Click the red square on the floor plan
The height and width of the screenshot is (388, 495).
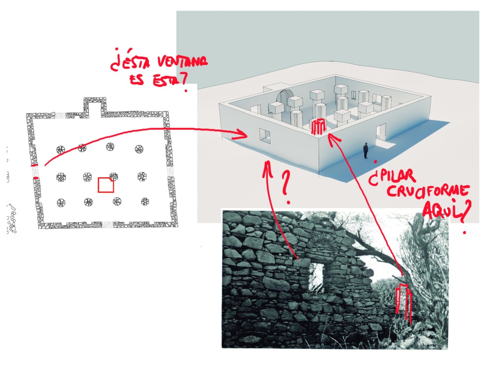click(x=106, y=185)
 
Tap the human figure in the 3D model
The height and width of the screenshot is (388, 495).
click(x=366, y=150)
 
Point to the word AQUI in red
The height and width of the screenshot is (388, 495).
click(x=441, y=209)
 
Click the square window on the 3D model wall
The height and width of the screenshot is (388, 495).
click(x=265, y=136)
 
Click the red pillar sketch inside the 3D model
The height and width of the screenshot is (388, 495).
click(x=317, y=127)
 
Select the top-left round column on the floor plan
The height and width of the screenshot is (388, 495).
click(x=61, y=149)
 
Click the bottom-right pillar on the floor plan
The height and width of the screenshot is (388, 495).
click(x=145, y=202)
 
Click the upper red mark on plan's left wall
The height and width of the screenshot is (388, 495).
click(x=34, y=166)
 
